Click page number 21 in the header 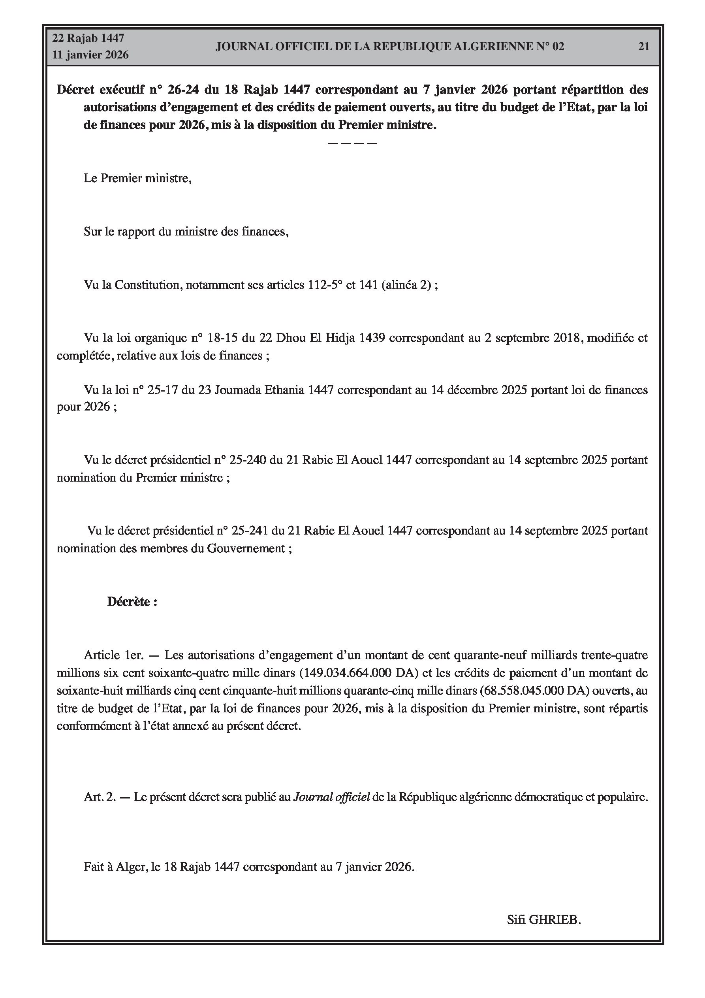tap(643, 47)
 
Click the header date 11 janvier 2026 tap(90, 55)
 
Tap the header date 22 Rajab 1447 tap(88, 38)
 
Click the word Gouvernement tap(246, 548)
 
